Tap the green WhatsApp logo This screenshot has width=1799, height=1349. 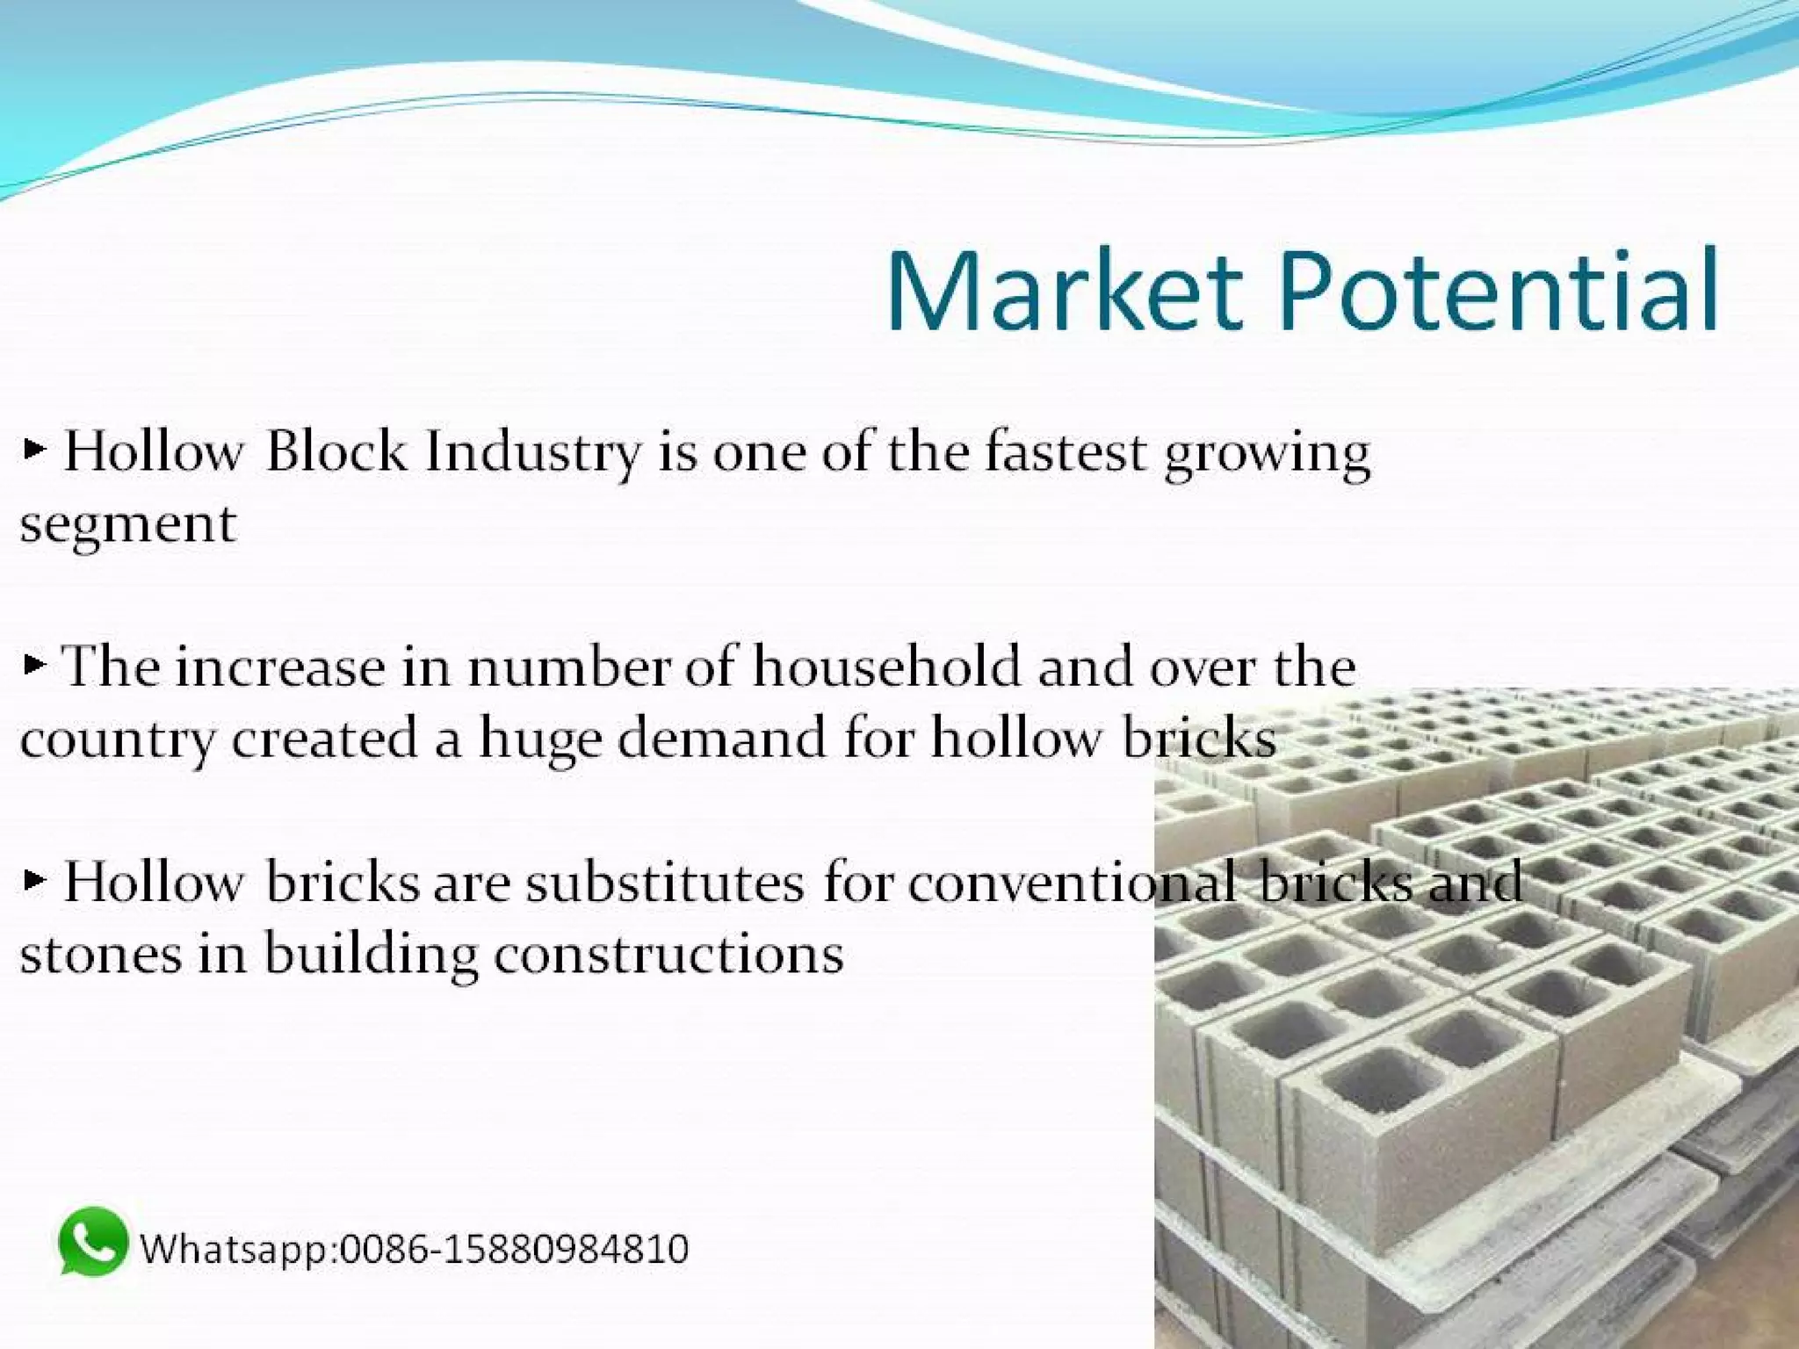(x=92, y=1242)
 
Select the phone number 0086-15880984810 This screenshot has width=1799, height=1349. (x=515, y=1249)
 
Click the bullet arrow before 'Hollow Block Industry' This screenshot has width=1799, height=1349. (x=34, y=451)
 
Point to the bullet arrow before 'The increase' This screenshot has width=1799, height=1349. (x=34, y=665)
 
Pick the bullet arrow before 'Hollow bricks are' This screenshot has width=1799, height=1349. (x=34, y=879)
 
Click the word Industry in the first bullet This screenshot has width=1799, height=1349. (x=533, y=453)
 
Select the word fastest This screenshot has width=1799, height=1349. (x=1066, y=451)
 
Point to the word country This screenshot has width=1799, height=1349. (x=116, y=740)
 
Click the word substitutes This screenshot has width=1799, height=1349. (x=665, y=883)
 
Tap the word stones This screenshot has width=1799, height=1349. (x=100, y=955)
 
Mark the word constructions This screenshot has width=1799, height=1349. (x=668, y=955)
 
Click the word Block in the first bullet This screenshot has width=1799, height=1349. (x=336, y=451)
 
